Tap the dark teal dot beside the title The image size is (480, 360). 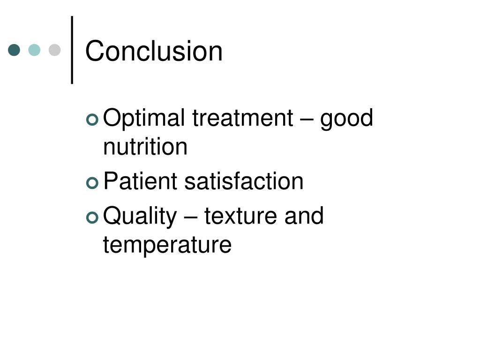coord(15,50)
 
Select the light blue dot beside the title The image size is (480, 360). coord(35,50)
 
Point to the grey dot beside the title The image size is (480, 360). coord(55,50)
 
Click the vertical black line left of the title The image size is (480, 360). coord(72,50)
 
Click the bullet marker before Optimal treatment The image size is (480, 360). coord(92,120)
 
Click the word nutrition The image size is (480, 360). coord(145,147)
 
